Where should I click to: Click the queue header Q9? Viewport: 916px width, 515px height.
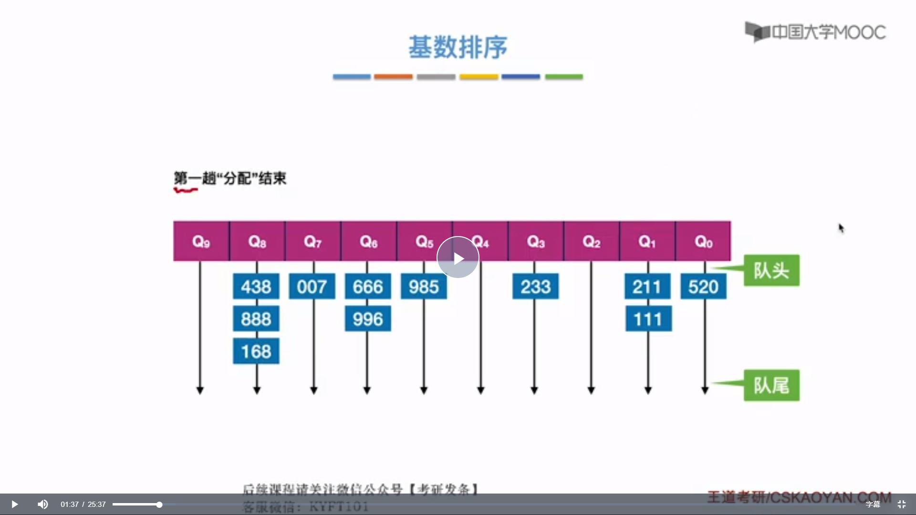coord(201,241)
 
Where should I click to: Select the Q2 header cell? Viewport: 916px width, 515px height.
coord(592,241)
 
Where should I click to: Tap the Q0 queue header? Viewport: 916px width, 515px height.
coord(703,241)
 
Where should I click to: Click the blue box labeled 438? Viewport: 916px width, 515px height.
coord(256,287)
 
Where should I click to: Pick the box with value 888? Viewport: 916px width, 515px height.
coord(256,319)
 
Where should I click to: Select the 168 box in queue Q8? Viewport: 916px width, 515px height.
coord(256,351)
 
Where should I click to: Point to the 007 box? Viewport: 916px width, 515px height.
coord(312,287)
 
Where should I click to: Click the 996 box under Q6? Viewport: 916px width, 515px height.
coord(368,319)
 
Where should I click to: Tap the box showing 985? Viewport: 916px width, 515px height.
coord(424,287)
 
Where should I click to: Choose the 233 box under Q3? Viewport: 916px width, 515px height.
coord(535,287)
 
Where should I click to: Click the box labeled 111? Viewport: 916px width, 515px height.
coord(648,319)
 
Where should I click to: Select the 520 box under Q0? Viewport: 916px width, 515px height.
coord(703,287)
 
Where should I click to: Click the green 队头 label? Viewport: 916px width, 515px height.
coord(771,270)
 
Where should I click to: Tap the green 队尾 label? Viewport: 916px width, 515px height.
coord(771,385)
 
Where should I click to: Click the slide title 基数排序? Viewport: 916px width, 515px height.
coord(458,47)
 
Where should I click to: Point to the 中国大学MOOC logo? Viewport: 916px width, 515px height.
coord(815,32)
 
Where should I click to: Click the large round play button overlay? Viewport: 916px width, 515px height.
coord(458,257)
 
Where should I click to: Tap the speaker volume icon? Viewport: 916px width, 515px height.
coord(43,504)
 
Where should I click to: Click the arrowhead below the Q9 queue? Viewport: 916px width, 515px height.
coord(200,391)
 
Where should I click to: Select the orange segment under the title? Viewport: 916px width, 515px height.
coord(393,77)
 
